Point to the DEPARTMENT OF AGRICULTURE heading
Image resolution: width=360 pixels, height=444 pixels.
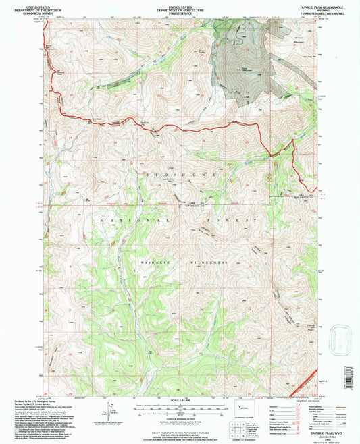(x=180, y=9)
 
